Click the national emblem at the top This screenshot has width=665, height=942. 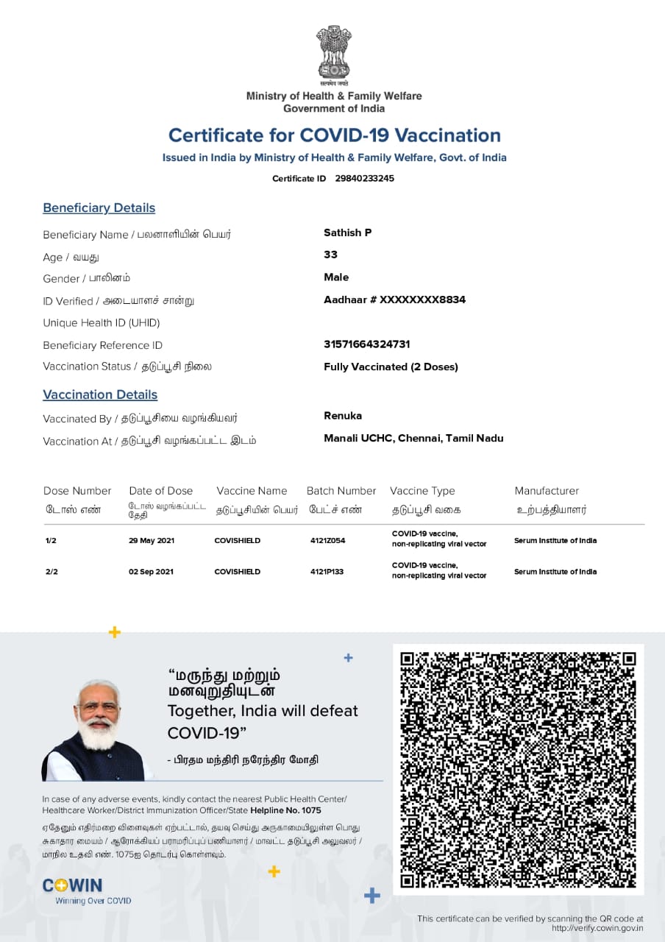(334, 53)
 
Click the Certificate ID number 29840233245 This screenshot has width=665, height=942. (364, 178)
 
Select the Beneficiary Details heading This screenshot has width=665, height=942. (99, 208)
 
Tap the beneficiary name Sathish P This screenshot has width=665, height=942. (347, 233)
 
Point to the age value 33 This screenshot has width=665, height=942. (330, 255)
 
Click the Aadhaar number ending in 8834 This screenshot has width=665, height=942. (394, 300)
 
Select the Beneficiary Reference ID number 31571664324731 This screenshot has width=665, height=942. (366, 344)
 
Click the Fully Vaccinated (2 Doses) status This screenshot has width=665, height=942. (391, 366)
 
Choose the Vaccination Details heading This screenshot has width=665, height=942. (100, 394)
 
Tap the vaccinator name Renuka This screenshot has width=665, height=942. (343, 416)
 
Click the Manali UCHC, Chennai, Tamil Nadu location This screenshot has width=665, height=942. (413, 438)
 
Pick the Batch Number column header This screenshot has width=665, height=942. (341, 491)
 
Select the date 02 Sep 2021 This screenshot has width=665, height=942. (151, 572)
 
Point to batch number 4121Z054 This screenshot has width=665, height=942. (327, 540)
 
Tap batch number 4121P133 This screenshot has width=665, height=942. (327, 572)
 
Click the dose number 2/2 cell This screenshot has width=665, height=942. (51, 572)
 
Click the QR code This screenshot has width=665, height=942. (518, 770)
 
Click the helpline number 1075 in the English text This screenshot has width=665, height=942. (311, 810)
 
